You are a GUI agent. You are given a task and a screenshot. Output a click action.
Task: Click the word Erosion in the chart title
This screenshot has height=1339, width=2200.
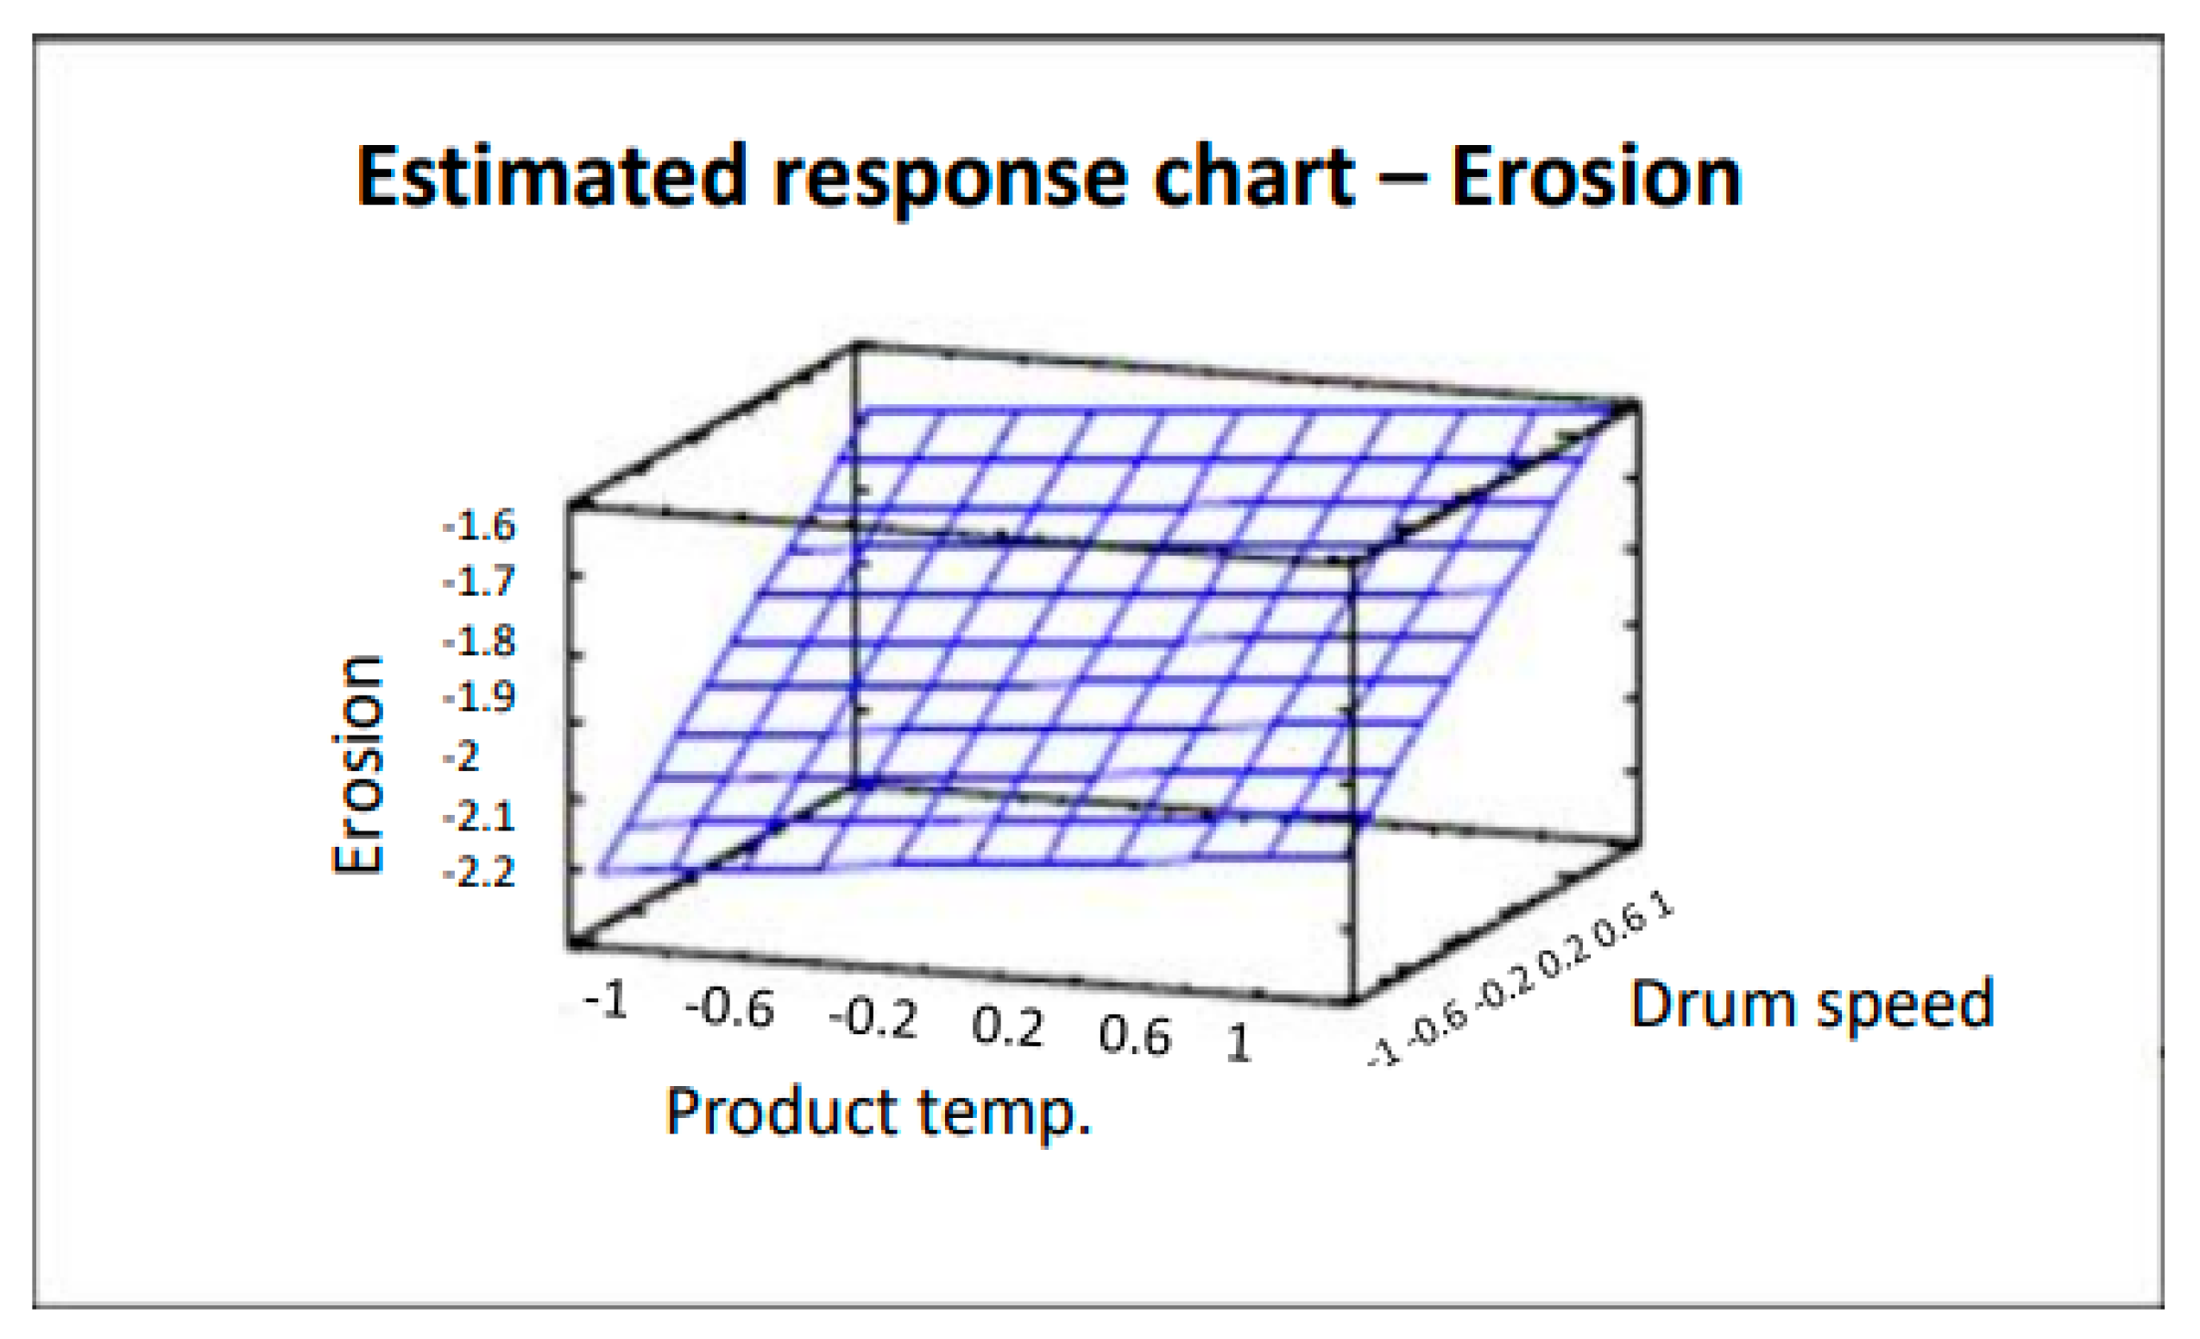[1596, 177]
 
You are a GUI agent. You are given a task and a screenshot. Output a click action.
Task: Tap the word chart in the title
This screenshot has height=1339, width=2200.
[1252, 177]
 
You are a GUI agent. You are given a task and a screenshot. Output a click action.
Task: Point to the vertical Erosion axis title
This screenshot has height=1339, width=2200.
[357, 765]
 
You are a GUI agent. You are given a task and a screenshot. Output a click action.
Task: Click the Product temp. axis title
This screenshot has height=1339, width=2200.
[879, 1113]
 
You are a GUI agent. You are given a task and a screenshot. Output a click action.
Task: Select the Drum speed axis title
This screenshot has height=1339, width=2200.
[1812, 1004]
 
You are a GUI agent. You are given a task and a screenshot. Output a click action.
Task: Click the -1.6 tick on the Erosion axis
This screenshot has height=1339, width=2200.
[480, 526]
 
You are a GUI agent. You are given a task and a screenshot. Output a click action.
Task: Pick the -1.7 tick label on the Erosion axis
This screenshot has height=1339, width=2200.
[480, 583]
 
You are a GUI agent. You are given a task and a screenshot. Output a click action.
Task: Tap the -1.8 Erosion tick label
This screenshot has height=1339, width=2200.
[480, 641]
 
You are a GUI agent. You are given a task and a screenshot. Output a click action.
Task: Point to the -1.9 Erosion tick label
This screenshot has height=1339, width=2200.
[480, 697]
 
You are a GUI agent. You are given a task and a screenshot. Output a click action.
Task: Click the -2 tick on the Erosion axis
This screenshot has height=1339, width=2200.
[463, 756]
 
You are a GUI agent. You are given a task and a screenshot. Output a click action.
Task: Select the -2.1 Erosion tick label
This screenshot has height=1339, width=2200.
[480, 816]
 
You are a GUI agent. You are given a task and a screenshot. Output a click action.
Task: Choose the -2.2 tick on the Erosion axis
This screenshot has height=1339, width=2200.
[480, 872]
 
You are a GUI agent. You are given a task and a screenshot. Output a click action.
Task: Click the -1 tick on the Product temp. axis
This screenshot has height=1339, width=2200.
[606, 1001]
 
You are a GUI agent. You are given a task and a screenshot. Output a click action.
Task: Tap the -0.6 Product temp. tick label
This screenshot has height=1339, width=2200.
[729, 1010]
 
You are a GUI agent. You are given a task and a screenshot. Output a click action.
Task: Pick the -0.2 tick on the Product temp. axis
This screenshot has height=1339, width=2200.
[873, 1020]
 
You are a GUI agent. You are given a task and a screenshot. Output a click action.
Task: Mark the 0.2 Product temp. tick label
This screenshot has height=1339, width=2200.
[1007, 1028]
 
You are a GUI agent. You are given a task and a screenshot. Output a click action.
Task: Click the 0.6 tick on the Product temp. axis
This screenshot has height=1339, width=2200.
[1134, 1036]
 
